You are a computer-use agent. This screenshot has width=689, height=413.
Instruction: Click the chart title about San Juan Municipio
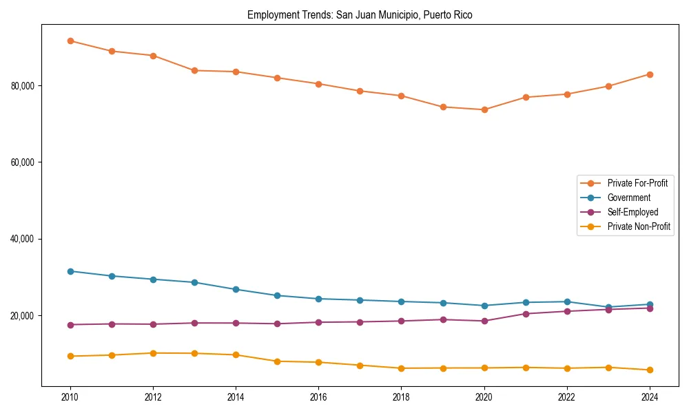point(360,14)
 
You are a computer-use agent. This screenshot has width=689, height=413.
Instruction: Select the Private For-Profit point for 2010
point(70,41)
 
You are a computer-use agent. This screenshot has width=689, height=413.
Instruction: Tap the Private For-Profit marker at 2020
point(484,109)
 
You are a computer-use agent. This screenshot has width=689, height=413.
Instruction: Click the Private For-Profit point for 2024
point(650,74)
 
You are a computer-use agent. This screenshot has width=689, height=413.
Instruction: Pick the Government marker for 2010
point(70,271)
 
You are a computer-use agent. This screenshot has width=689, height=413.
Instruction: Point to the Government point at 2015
point(277,295)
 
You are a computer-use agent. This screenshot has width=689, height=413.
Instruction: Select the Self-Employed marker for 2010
point(70,325)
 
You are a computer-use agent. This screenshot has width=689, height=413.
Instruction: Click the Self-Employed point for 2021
point(526,314)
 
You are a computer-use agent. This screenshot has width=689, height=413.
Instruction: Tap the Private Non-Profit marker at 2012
point(153,353)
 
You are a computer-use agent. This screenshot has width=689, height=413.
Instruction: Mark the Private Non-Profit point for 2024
point(650,370)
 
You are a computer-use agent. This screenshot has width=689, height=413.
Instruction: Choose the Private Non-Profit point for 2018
point(401,368)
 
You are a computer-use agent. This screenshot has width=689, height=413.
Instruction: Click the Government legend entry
point(628,198)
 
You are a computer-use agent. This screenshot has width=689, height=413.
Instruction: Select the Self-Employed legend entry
point(633,212)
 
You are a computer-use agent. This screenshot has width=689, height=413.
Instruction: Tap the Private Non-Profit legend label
point(639,226)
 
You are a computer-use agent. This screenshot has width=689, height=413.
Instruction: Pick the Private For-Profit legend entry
point(637,183)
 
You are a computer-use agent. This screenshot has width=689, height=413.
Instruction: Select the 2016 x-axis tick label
point(318,397)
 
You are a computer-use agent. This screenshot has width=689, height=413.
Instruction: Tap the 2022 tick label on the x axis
point(567,397)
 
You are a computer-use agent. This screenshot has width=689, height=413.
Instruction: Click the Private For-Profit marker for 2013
point(194,70)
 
